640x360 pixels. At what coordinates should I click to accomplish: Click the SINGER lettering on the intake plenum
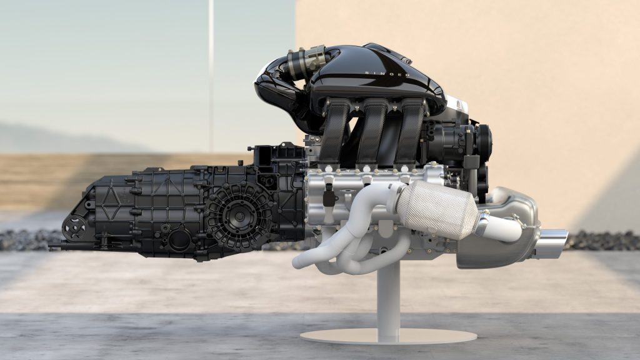tap(387, 74)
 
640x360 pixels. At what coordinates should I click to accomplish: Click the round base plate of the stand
tap(388, 336)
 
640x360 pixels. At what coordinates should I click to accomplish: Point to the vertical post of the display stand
tap(388, 300)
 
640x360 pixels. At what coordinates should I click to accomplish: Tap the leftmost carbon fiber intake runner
tap(334, 131)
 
